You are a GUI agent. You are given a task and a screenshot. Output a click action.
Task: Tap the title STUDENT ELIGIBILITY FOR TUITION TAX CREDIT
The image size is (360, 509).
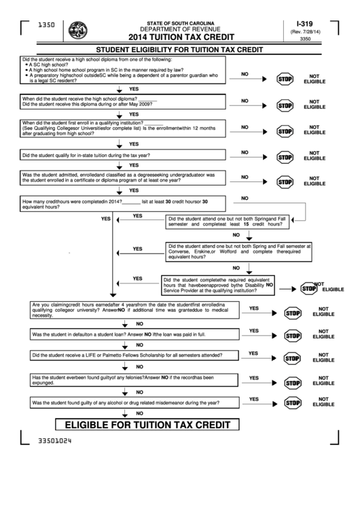[179, 50]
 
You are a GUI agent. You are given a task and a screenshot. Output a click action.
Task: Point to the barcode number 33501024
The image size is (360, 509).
[55, 440]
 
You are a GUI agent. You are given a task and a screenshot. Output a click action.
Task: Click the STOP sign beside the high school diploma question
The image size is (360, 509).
[285, 80]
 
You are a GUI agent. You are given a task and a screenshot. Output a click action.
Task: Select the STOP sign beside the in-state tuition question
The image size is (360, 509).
[285, 156]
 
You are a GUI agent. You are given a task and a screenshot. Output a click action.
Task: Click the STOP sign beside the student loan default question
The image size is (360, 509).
[293, 335]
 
